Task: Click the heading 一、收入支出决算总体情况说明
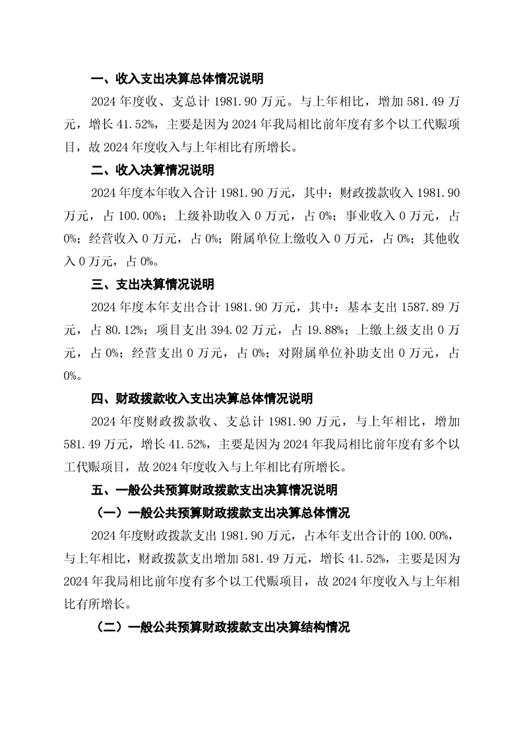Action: point(177,79)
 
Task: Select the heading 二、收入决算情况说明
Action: point(152,170)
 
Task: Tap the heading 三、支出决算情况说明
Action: point(152,284)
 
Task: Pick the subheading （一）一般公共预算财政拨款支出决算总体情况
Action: point(223,513)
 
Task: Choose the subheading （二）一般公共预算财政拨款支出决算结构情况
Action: point(223,627)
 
